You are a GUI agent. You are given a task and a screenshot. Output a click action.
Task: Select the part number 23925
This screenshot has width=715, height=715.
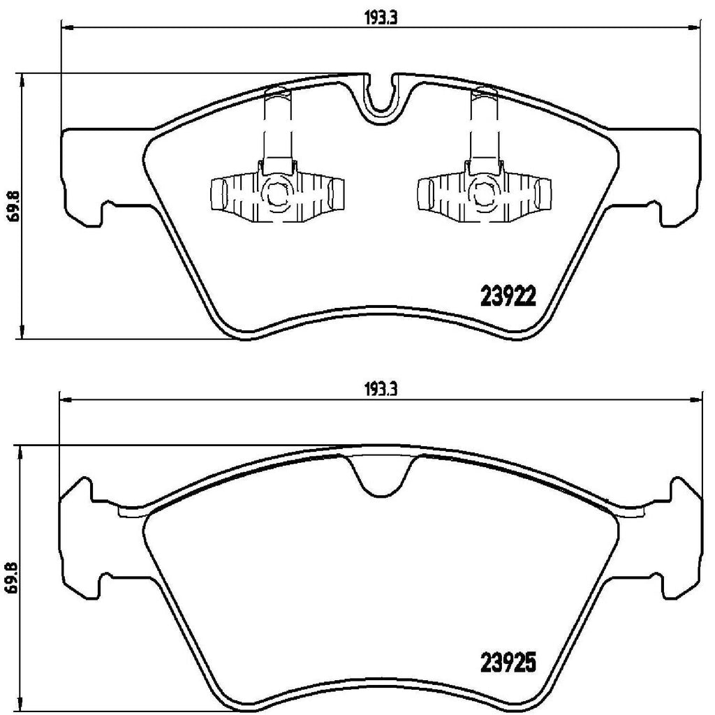pyautogui.click(x=508, y=660)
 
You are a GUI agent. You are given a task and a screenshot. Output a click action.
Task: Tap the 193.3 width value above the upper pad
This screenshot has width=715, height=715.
pyautogui.click(x=380, y=20)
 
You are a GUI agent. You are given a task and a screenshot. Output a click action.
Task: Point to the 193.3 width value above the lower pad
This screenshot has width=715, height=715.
pyautogui.click(x=380, y=392)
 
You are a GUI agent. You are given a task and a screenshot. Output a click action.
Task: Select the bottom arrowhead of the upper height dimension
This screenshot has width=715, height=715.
pyautogui.click(x=24, y=333)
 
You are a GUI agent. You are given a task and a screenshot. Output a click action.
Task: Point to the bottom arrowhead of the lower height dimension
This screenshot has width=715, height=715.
pyautogui.click(x=24, y=705)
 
